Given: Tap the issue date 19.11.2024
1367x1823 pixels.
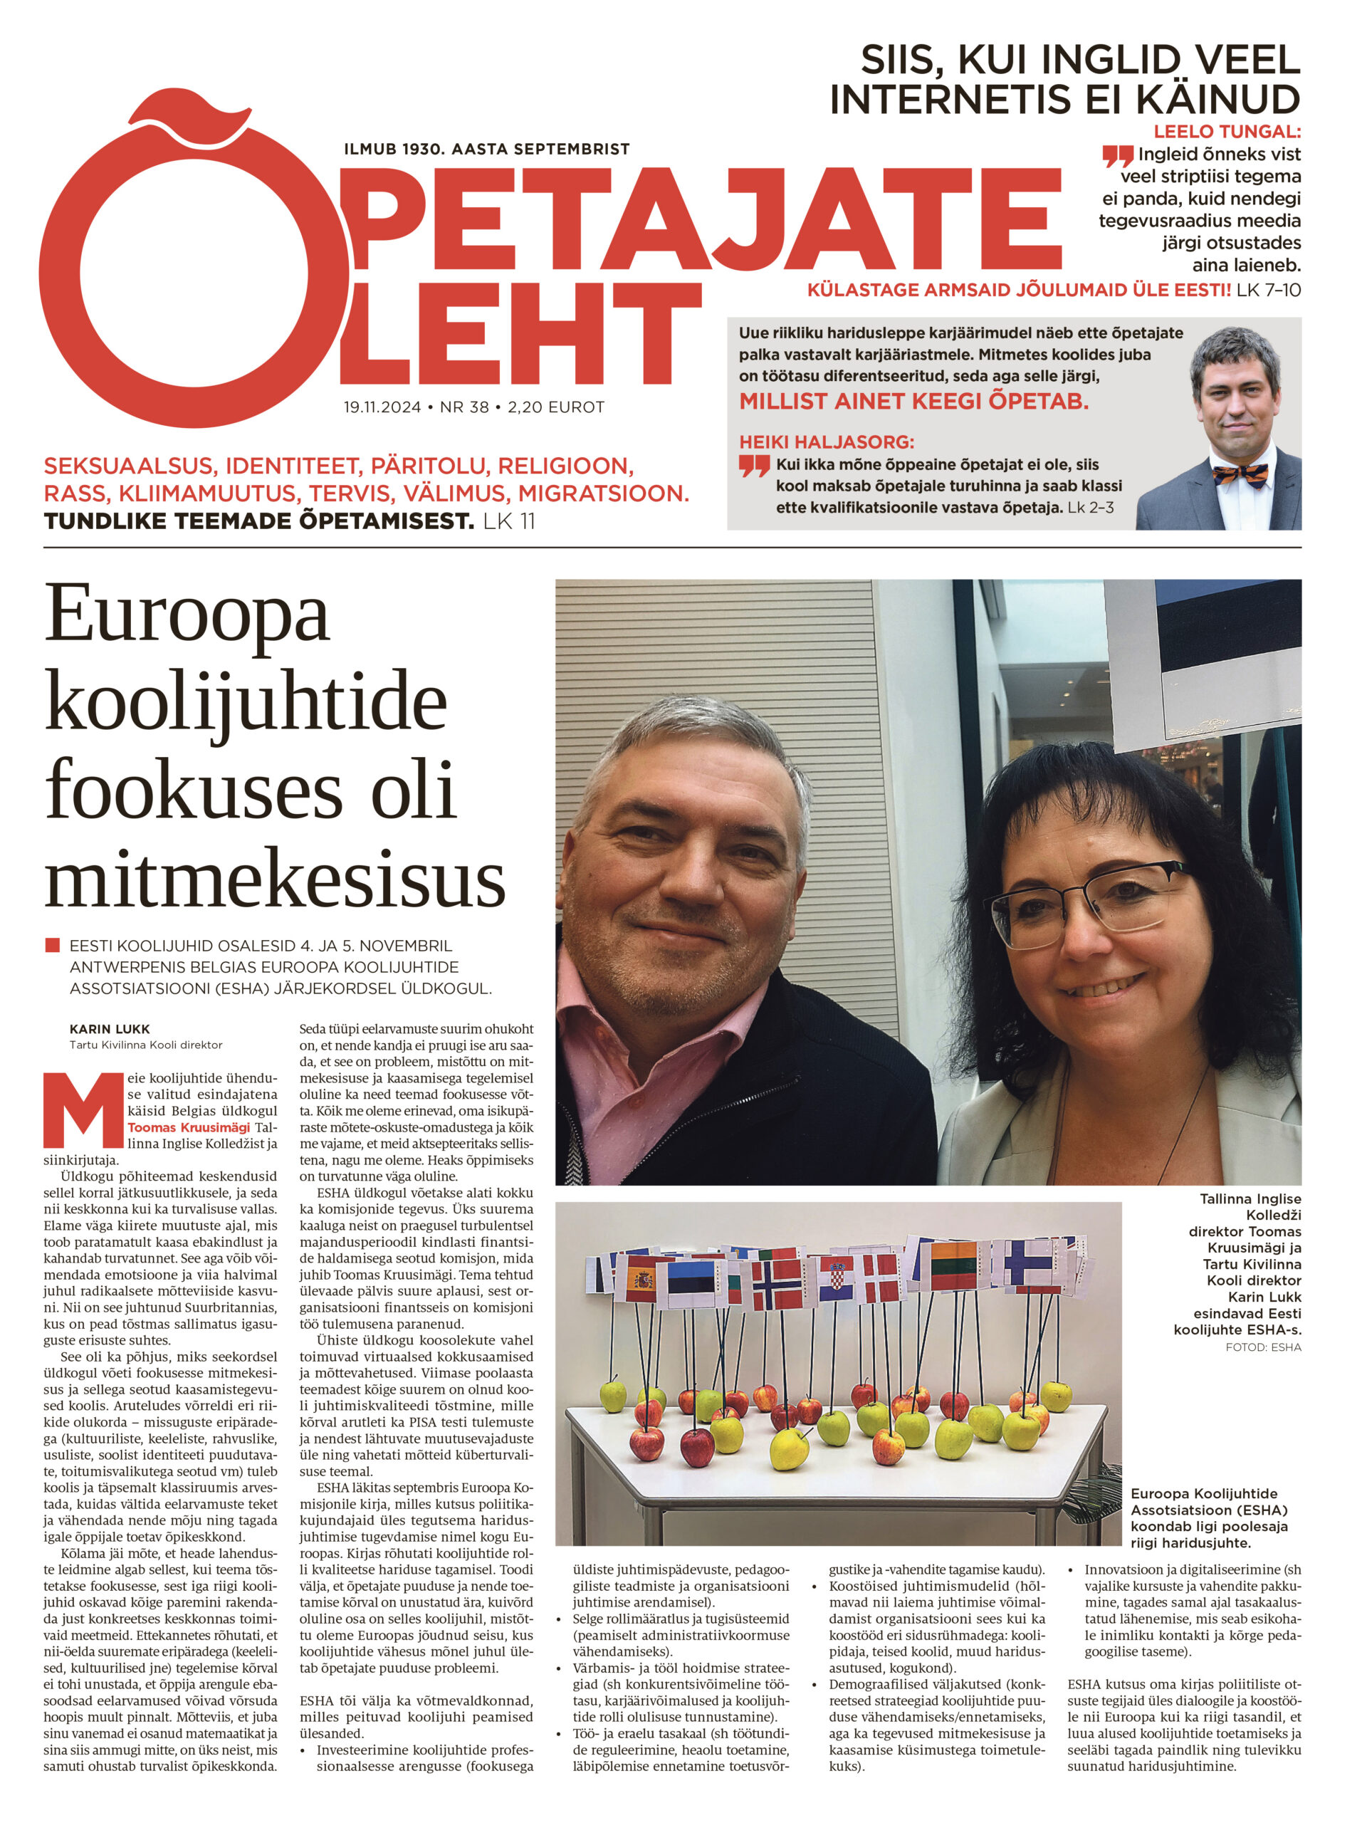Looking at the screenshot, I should (x=382, y=407).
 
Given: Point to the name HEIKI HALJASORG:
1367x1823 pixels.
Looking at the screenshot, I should (x=826, y=442).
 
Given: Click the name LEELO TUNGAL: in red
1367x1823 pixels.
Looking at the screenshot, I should (x=1226, y=131).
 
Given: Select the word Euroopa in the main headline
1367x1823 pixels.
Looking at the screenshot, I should (x=187, y=617).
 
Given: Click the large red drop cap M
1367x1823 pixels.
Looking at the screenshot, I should (x=83, y=1109).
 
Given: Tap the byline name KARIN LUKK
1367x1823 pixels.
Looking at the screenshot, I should (x=110, y=1028).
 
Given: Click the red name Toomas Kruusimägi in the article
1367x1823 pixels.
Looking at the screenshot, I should (x=188, y=1127).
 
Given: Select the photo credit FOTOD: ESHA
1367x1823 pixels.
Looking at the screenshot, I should (x=1262, y=1347).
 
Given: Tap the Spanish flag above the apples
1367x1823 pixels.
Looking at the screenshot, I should (x=639, y=1280).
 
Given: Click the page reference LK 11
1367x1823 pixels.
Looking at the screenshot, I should (x=509, y=521).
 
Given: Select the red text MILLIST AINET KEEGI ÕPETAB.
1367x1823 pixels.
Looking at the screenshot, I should (x=913, y=402).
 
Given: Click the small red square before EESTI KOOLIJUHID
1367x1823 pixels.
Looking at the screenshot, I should (x=53, y=944).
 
